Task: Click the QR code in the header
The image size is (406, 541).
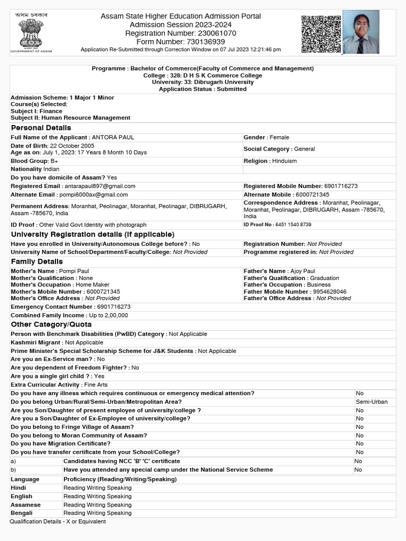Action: (x=321, y=34)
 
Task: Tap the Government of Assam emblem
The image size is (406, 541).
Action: (x=32, y=33)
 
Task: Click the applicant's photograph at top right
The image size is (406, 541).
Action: (x=361, y=32)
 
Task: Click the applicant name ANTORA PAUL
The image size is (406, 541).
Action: (x=113, y=137)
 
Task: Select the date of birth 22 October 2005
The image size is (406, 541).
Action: (x=72, y=146)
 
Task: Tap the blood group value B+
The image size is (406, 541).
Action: (x=54, y=161)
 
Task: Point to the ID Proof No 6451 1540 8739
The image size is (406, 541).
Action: (x=293, y=225)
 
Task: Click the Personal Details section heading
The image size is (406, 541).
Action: (x=41, y=128)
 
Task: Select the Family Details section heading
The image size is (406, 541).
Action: (x=36, y=262)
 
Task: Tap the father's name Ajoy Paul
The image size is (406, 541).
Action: (x=302, y=271)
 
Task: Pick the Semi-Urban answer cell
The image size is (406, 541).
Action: (x=372, y=402)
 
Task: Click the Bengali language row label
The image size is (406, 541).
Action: (x=22, y=513)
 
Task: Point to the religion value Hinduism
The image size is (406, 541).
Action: (x=284, y=161)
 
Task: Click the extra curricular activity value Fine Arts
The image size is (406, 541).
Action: (x=95, y=385)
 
